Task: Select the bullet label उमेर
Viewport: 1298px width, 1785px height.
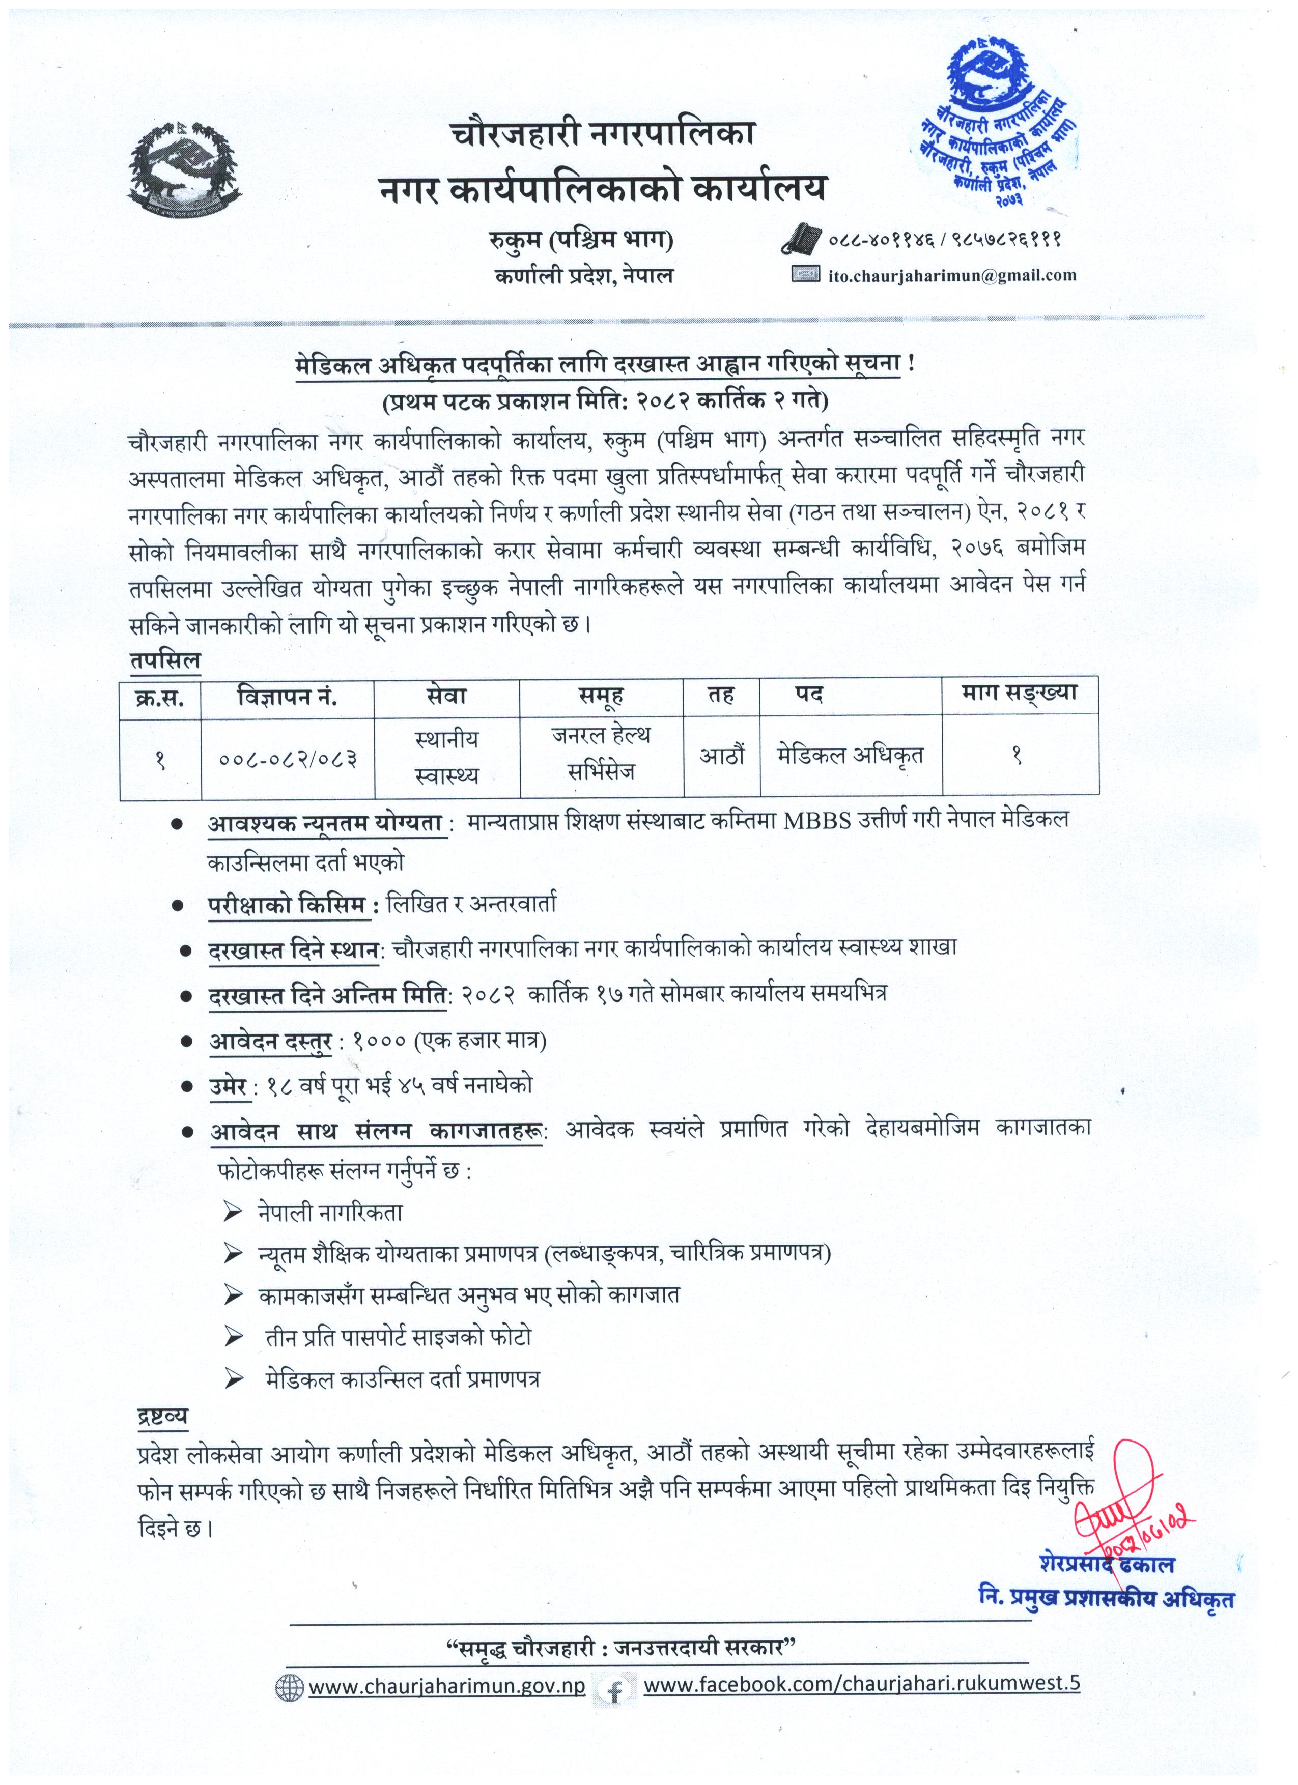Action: coord(228,1086)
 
